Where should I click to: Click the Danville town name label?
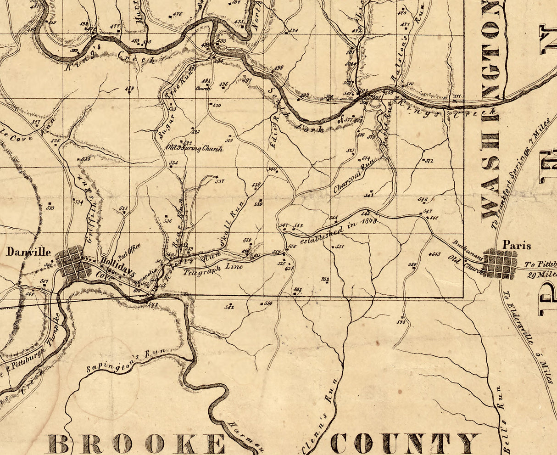point(28,252)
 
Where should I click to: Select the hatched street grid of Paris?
point(499,264)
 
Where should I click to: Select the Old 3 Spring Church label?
point(195,149)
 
